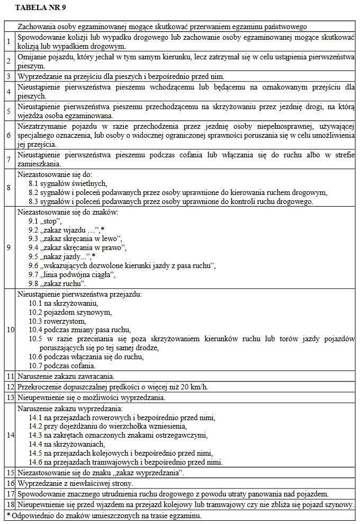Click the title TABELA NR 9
click(41, 8)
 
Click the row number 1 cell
click(8, 41)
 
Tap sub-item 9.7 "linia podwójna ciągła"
click(71, 274)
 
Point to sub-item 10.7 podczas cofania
click(62, 366)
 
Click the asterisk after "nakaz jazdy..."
click(107, 256)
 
